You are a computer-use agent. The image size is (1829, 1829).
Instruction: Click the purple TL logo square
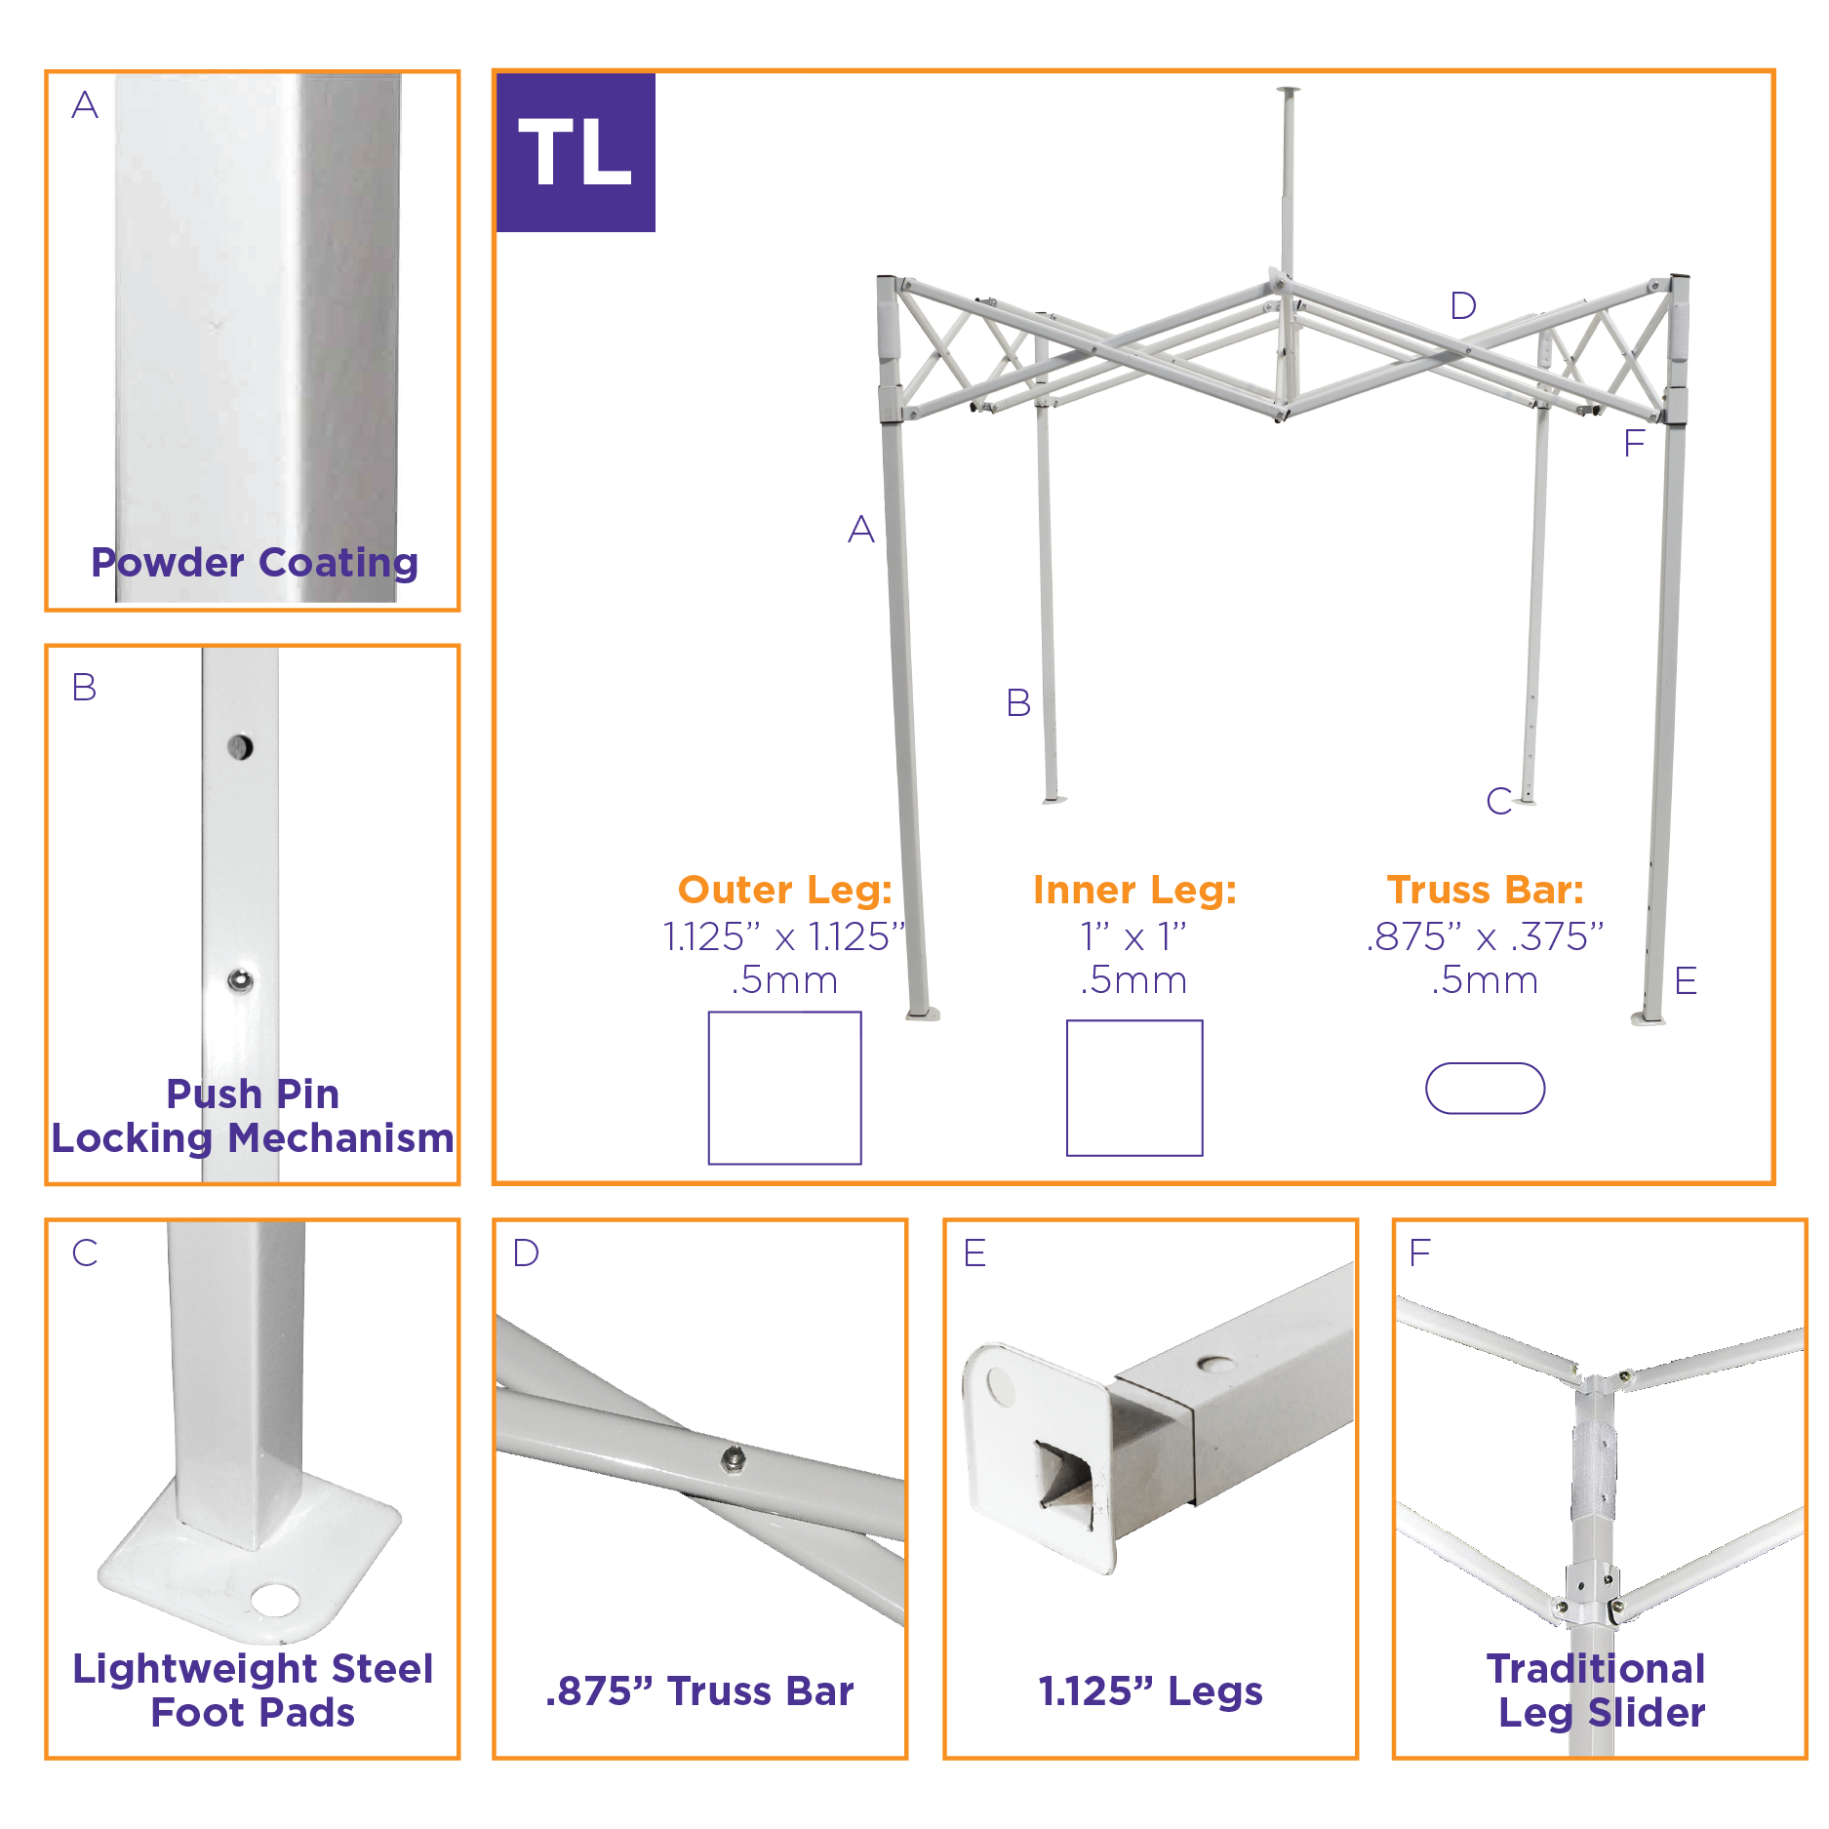[576, 153]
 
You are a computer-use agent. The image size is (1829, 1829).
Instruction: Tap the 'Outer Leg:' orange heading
[785, 890]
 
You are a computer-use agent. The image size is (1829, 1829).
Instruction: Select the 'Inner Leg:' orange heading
[1134, 890]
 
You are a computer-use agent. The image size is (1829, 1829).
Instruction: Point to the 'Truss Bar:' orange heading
[1485, 890]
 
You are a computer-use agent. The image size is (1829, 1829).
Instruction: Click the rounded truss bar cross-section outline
[1485, 1088]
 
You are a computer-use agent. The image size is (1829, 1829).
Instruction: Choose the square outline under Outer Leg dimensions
[784, 1088]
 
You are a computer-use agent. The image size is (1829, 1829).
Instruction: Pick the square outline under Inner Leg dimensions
[1134, 1088]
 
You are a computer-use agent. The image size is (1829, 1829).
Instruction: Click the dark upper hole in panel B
[240, 747]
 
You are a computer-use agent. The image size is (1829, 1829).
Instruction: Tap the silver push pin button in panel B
[240, 980]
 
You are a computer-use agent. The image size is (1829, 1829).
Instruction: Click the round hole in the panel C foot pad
[275, 1599]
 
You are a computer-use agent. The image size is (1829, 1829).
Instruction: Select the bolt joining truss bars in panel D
[734, 1459]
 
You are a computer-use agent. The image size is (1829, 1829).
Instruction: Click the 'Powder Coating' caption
[255, 563]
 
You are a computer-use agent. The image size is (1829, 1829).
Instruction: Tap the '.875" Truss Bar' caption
[699, 1690]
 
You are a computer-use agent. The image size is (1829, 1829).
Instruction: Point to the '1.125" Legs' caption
[1150, 1690]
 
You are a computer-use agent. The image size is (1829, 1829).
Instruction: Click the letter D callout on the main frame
[1462, 306]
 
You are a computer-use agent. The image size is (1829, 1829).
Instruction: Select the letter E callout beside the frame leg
[1686, 980]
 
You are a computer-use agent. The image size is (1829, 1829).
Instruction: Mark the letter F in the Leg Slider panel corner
[1419, 1252]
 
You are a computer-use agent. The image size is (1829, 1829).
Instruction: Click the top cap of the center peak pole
[1288, 93]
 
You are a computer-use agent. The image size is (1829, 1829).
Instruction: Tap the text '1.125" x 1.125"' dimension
[784, 936]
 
